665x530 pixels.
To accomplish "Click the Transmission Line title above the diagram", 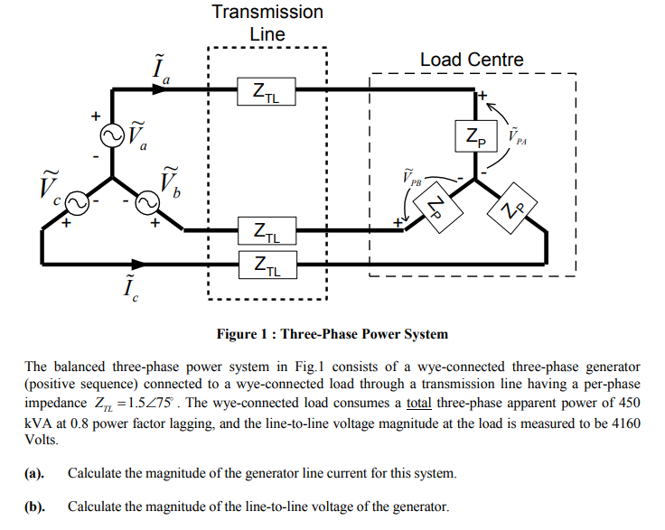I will point(267,23).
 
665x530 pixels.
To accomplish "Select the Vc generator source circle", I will point(75,204).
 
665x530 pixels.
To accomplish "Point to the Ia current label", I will point(161,68).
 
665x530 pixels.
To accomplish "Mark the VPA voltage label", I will point(519,137).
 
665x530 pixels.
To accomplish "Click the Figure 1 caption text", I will point(332,334).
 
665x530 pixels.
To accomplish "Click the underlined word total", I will point(419,405).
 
